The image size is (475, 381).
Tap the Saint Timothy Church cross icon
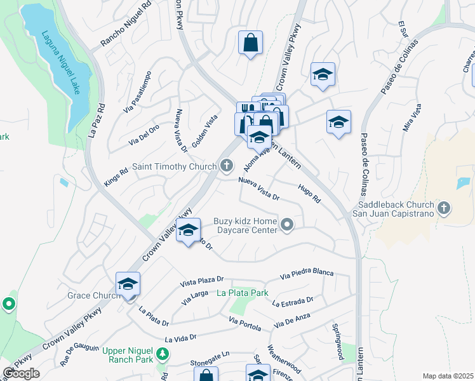click(227, 167)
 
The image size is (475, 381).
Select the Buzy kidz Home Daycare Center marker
click(288, 224)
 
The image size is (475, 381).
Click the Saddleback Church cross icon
click(444, 207)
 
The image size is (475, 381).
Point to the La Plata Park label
click(242, 293)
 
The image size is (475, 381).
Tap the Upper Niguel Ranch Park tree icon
click(163, 353)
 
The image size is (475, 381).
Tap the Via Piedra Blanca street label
click(307, 274)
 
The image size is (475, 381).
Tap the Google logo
click(21, 373)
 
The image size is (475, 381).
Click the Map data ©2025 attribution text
click(448, 376)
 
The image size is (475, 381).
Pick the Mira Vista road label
click(412, 119)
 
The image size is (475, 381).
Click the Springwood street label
click(337, 341)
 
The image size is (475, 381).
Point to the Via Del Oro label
click(144, 135)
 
